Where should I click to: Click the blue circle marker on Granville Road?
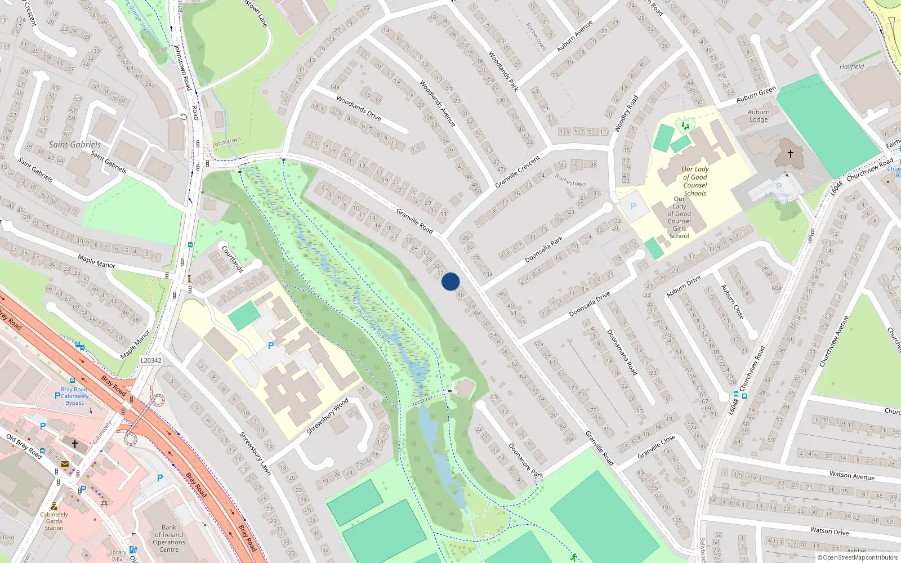point(450,281)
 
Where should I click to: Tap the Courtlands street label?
point(232,258)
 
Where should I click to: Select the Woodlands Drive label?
point(359,108)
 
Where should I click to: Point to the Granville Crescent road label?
point(518,172)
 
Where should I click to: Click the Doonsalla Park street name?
point(543,249)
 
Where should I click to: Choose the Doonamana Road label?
point(622,352)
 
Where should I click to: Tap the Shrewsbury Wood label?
point(327,417)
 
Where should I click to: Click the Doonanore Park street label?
point(526,461)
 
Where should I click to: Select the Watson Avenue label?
point(851,476)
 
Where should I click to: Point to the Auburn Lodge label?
point(758,116)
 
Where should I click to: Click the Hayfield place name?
point(851,66)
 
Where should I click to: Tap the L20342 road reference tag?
point(150,360)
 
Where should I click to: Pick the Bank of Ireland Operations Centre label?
point(169,539)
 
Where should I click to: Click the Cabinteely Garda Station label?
point(54,521)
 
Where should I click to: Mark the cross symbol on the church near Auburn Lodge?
point(790,153)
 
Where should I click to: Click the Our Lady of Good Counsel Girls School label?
point(679,217)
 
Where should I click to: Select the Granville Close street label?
point(656,447)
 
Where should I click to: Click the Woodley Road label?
point(626,114)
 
